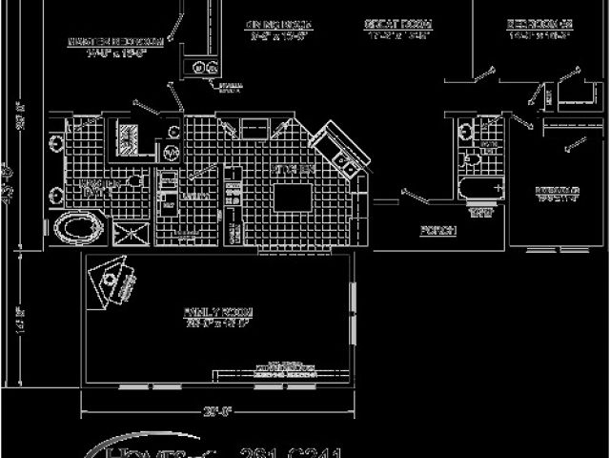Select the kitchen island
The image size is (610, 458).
[x=295, y=198]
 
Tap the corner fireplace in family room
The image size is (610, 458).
[x=118, y=279]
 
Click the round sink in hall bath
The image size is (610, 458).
[x=464, y=133]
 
